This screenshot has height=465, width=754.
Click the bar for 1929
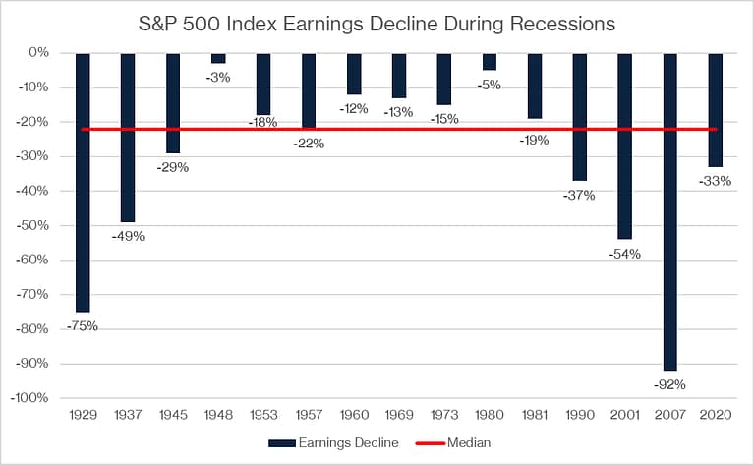click(83, 182)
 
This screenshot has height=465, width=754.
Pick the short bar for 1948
click(218, 58)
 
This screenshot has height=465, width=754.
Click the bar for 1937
click(128, 138)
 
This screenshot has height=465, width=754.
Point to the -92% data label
click(671, 384)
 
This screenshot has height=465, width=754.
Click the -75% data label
click(83, 325)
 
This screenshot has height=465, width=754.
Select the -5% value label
click(490, 85)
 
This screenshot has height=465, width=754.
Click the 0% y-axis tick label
click(38, 52)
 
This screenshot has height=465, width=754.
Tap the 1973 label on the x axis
click(445, 416)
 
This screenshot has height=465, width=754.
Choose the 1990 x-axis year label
click(581, 416)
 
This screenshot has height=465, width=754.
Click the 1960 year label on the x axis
click(355, 416)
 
